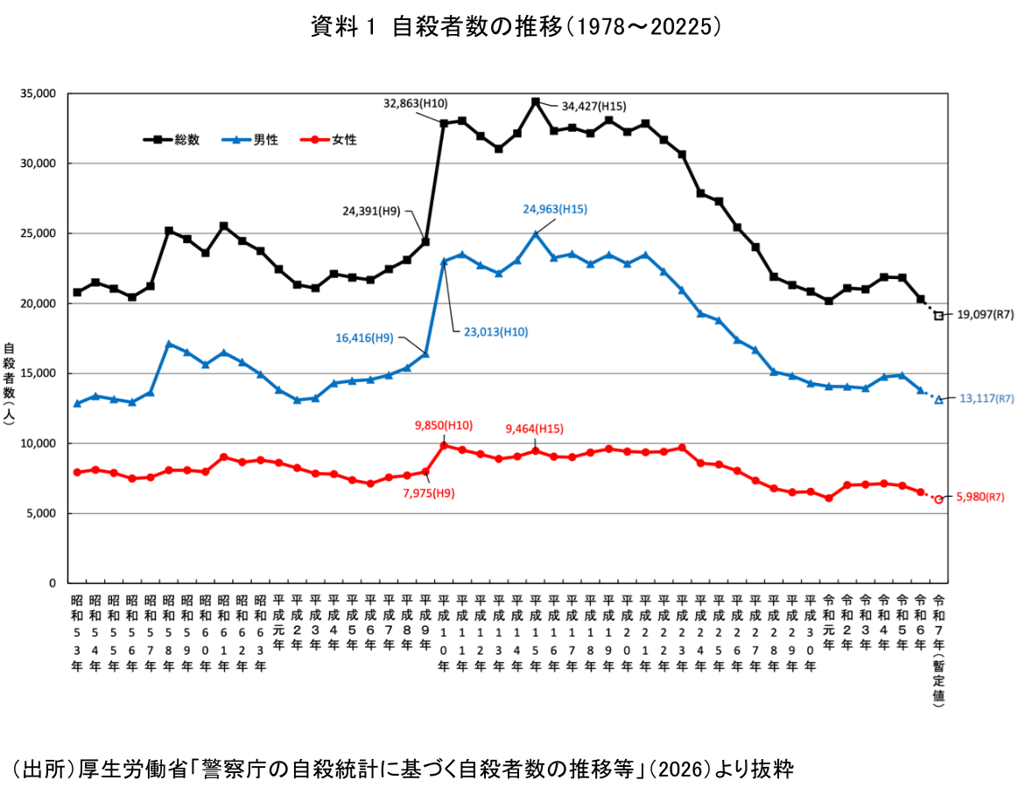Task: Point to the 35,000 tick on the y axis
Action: coord(38,94)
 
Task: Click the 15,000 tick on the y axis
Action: coord(38,373)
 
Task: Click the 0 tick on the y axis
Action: coord(53,583)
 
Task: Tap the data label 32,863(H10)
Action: coord(416,102)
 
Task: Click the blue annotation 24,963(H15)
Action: coord(555,209)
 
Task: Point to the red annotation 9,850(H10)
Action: coord(444,426)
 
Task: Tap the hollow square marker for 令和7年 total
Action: coord(939,316)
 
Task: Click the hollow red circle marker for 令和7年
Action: coord(939,499)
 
